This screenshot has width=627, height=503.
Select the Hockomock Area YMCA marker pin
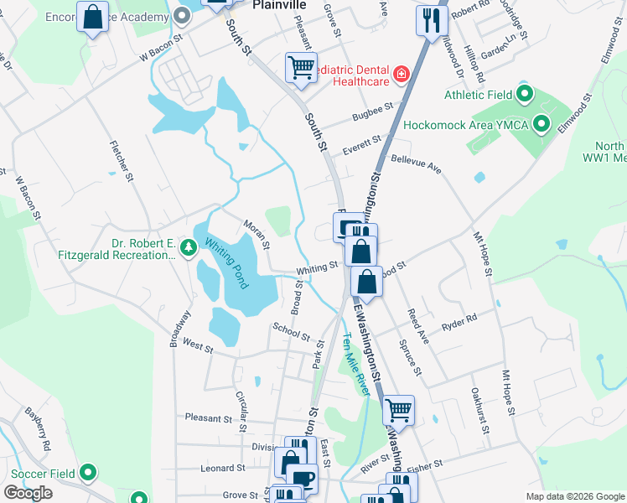(541, 125)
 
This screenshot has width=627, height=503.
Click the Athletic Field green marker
(526, 94)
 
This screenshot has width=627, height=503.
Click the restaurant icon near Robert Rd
(432, 20)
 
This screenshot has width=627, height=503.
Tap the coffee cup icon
(302, 478)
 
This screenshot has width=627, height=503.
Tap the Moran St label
(256, 234)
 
